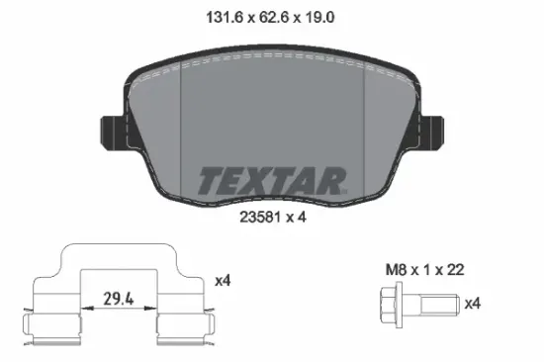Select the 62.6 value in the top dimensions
(274, 17)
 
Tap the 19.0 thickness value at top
(319, 17)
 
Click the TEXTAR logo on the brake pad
(272, 181)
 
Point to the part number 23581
(260, 218)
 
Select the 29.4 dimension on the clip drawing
(119, 299)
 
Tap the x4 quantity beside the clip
(223, 281)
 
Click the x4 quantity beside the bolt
(473, 304)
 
